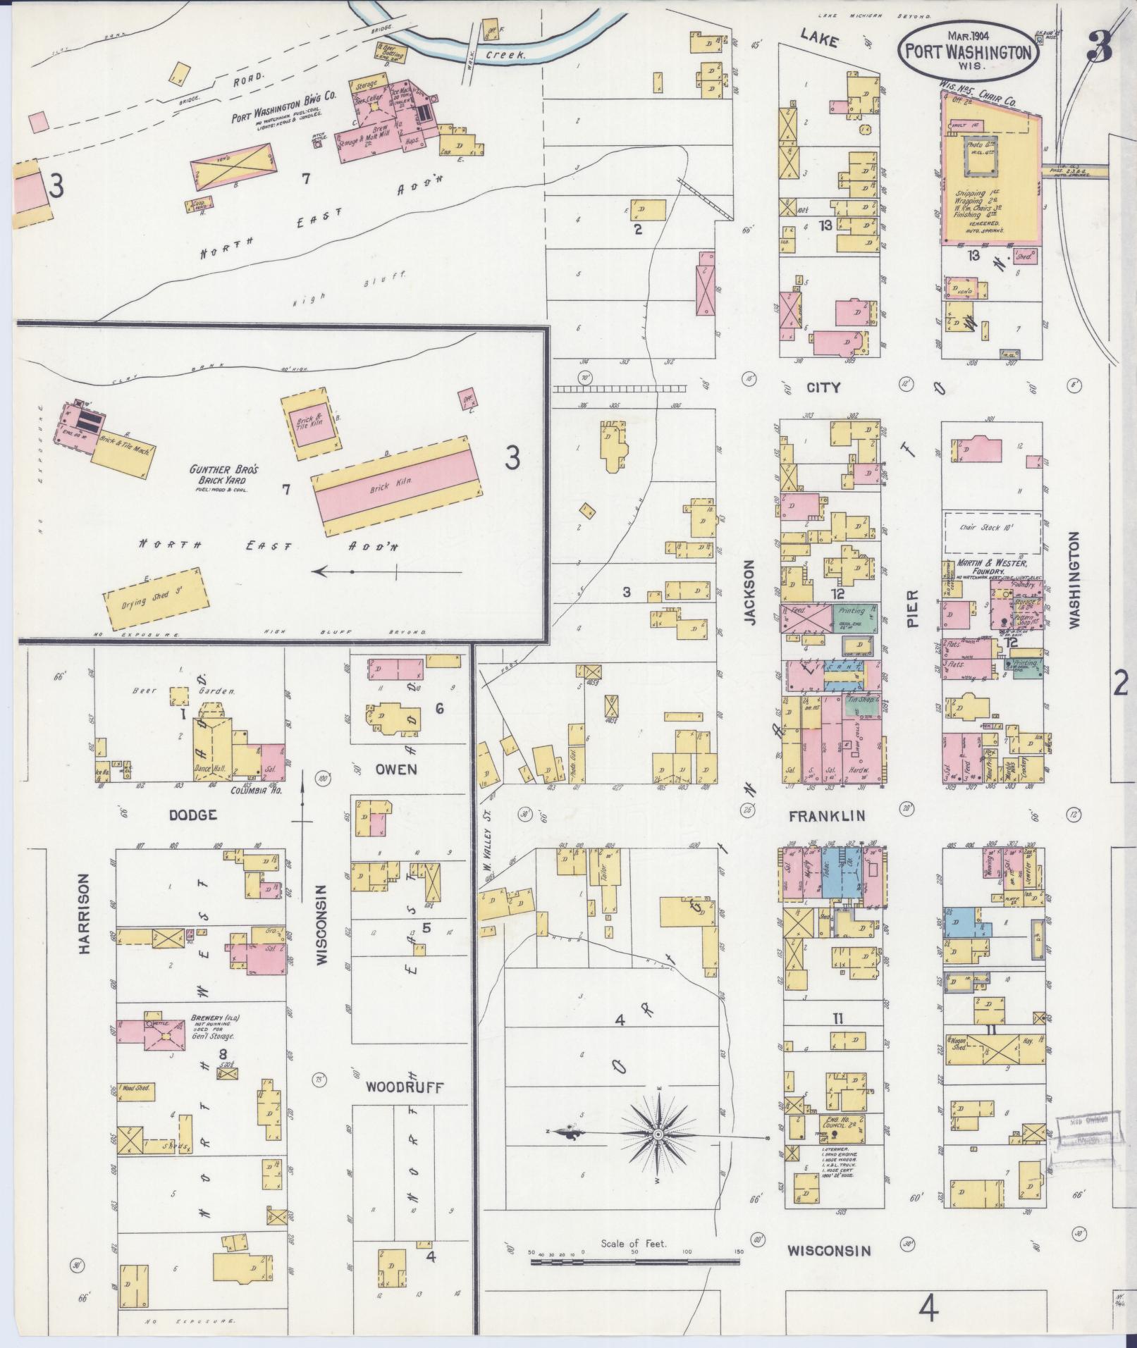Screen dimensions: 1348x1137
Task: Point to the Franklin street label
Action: coord(826,816)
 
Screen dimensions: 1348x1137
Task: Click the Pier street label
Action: coord(914,610)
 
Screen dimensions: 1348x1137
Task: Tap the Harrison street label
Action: coord(85,914)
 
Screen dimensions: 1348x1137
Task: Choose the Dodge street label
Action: coord(192,815)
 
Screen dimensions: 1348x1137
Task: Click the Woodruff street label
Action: coord(405,1108)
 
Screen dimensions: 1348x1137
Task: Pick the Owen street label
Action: coord(396,769)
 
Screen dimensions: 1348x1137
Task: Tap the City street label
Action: coord(821,388)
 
